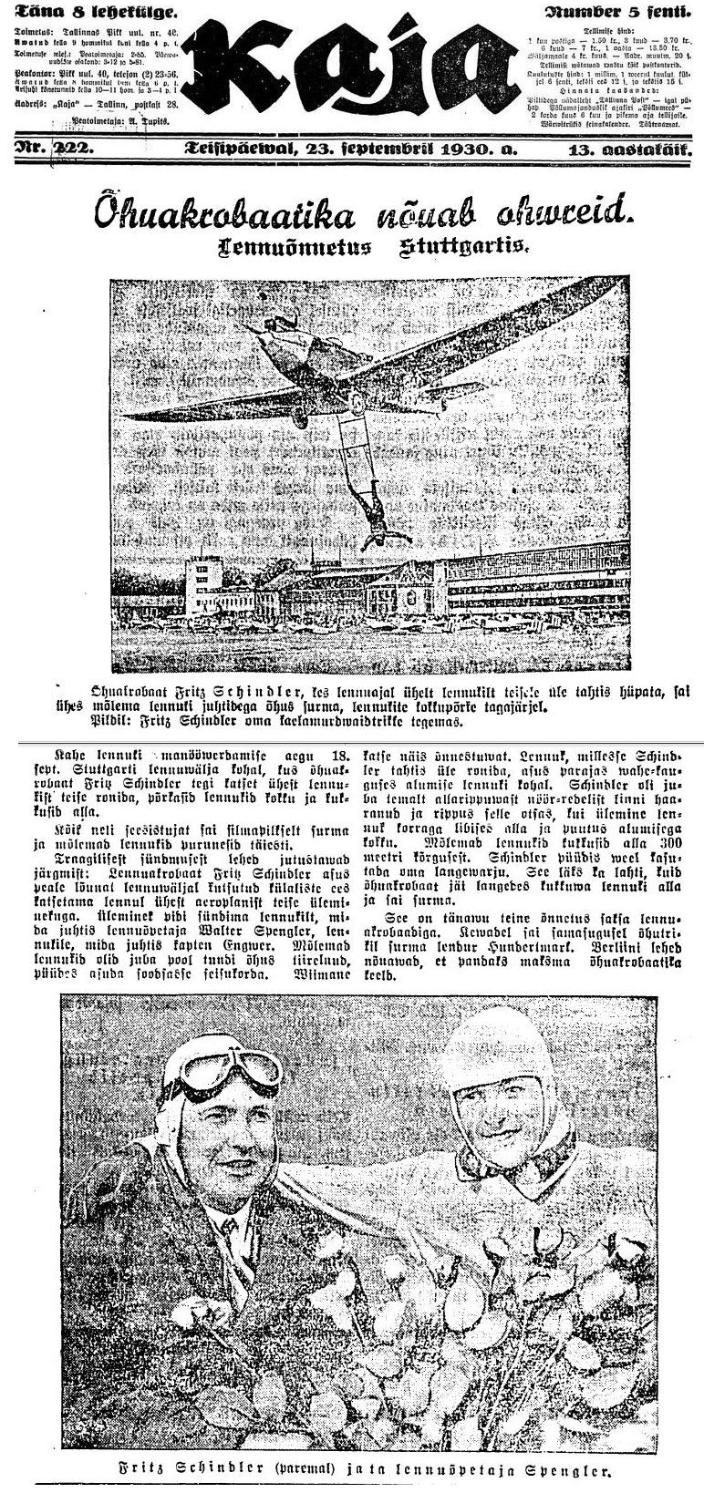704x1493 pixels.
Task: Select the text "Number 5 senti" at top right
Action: point(617,13)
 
